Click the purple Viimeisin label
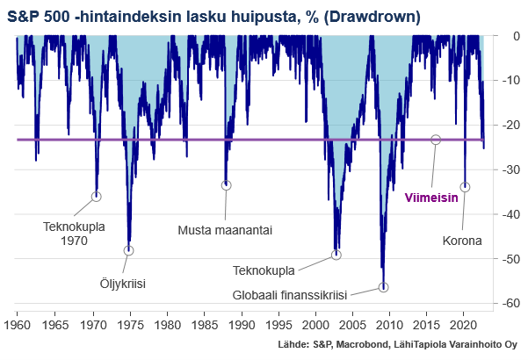tap(430, 198)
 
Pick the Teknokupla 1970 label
tap(73, 232)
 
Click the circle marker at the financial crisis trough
tap(383, 287)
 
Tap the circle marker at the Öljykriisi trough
tap(129, 250)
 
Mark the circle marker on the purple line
tap(436, 140)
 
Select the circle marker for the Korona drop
tap(465, 187)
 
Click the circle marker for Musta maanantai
tap(226, 185)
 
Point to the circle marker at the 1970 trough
tap(97, 196)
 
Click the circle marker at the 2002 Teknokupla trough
tap(336, 256)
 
